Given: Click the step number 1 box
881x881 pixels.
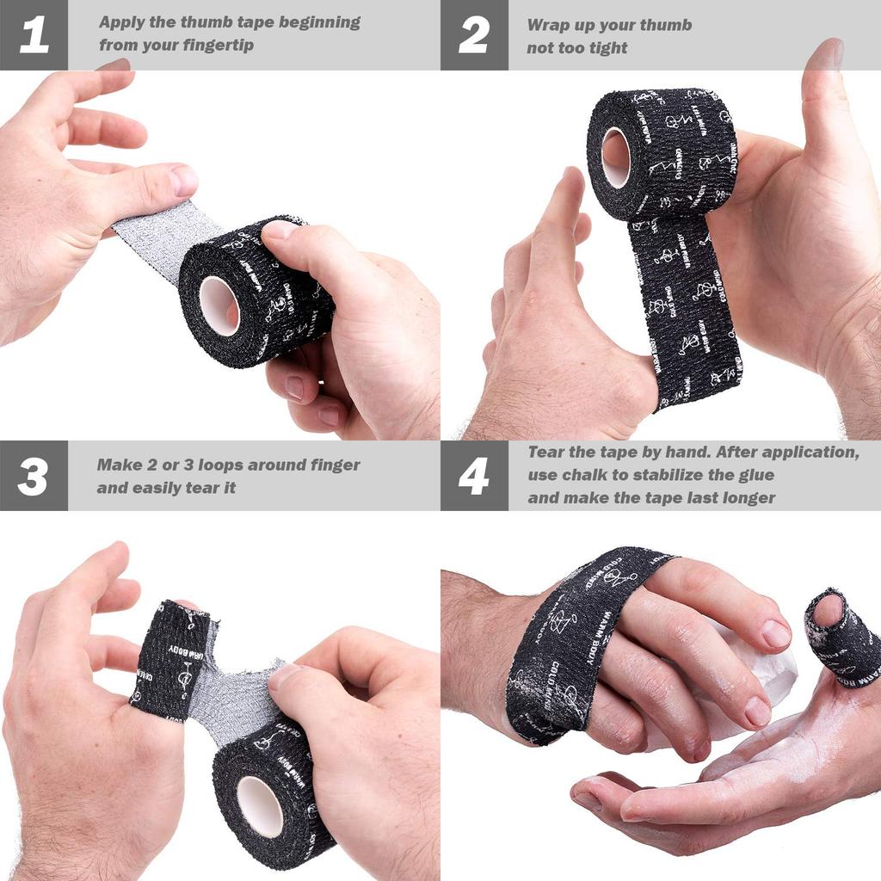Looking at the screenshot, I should click(34, 35).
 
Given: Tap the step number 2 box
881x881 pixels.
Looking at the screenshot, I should click(474, 35).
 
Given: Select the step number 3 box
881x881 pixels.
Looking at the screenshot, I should click(34, 476).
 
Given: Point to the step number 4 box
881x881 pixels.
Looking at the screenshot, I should click(474, 476).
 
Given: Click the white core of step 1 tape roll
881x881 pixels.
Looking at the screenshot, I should click(219, 305).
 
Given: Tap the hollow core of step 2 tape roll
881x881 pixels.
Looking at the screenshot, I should click(616, 157).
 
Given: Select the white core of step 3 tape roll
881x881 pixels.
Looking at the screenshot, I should click(260, 805).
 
